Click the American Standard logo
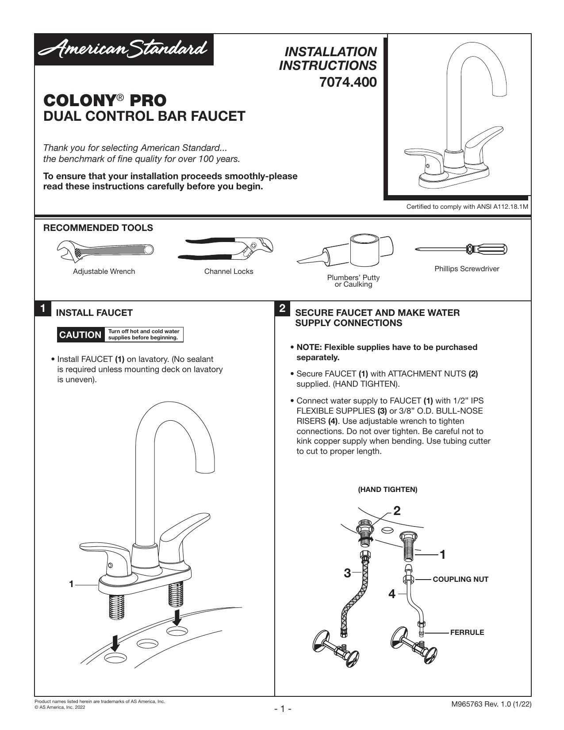click(x=123, y=50)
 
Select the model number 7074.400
click(x=348, y=82)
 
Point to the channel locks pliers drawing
click(x=226, y=249)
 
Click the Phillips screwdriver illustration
click(x=461, y=249)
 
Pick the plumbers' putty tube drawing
click(x=345, y=250)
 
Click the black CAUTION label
click(x=80, y=335)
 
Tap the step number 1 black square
click(x=42, y=308)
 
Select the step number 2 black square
click(x=283, y=308)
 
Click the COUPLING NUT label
click(x=460, y=579)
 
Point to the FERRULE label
click(x=467, y=632)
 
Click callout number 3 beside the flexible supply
click(x=347, y=573)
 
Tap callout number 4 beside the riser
click(x=392, y=594)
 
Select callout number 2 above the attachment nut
click(x=397, y=511)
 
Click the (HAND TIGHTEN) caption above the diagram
click(x=388, y=489)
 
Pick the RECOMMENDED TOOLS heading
click(x=98, y=228)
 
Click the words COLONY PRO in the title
click(x=105, y=100)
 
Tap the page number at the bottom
click(x=283, y=709)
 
